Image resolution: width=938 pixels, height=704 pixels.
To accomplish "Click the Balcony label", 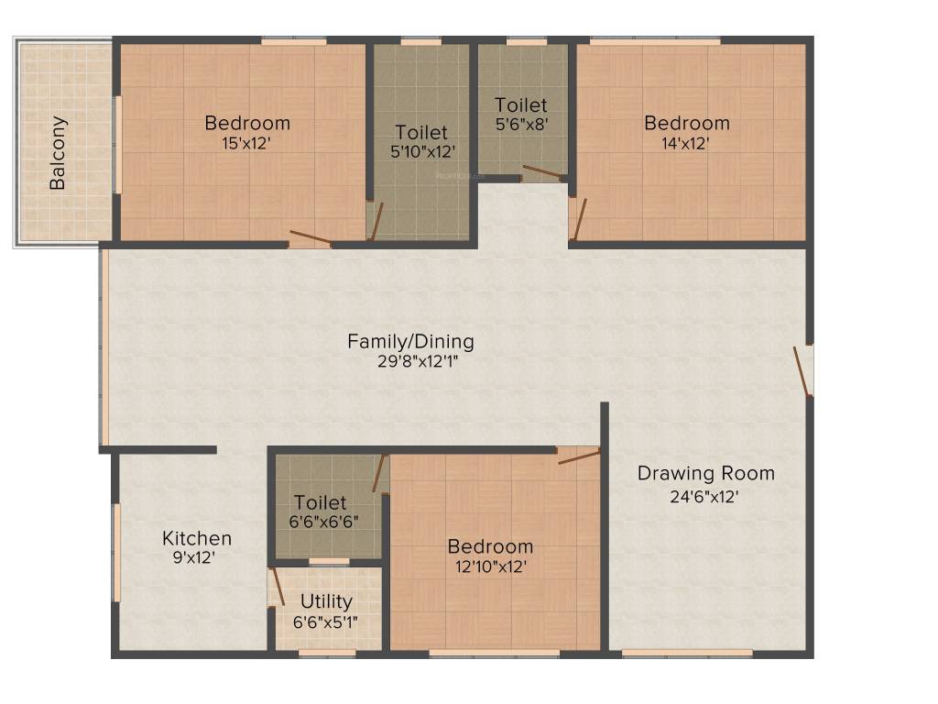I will (58, 152).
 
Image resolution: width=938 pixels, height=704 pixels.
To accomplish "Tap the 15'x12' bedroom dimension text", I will (247, 143).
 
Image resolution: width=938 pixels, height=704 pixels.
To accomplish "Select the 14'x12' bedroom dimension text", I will (687, 143).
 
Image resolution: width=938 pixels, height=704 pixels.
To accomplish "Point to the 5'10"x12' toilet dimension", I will (422, 152).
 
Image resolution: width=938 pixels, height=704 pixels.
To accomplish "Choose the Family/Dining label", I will (410, 342).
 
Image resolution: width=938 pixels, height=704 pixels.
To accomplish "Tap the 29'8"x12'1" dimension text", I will (410, 361).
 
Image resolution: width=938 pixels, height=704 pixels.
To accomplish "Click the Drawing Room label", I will (705, 474).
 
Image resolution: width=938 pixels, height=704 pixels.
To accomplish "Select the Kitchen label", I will (197, 538).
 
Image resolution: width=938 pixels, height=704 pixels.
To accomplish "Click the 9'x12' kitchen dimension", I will (197, 557).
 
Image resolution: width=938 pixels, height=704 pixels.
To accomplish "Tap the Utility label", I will (327, 601).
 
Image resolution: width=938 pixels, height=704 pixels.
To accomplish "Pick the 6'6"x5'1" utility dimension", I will (327, 621).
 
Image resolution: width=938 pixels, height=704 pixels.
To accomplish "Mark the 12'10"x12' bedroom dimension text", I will (490, 566).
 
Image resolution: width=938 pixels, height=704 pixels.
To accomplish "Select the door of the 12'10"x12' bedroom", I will (579, 455).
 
